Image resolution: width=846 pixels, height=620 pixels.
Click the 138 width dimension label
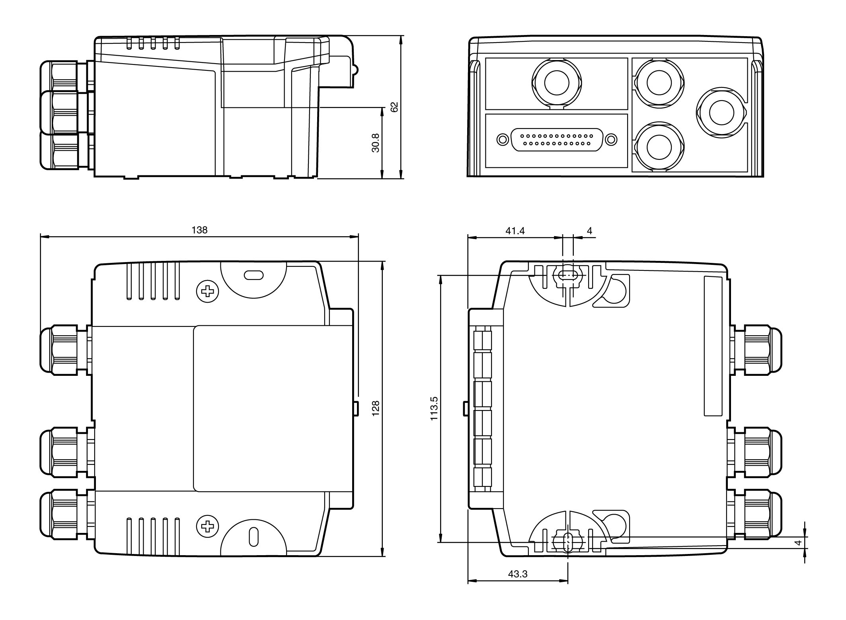(199, 230)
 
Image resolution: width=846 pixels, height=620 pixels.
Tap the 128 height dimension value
(375, 408)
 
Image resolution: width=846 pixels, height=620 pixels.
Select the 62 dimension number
(394, 107)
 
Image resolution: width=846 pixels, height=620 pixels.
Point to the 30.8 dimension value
(375, 143)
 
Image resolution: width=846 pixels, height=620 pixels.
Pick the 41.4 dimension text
(515, 231)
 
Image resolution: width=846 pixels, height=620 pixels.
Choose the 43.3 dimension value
(518, 574)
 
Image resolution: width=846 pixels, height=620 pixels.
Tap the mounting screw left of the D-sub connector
(503, 140)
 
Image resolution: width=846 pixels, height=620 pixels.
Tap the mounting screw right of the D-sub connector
(611, 140)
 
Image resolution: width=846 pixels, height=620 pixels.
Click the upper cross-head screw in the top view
(207, 292)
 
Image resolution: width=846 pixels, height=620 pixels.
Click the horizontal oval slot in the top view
(253, 275)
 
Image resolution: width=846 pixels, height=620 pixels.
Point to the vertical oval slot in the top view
(253, 536)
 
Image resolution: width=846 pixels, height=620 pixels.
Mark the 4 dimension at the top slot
(589, 231)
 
